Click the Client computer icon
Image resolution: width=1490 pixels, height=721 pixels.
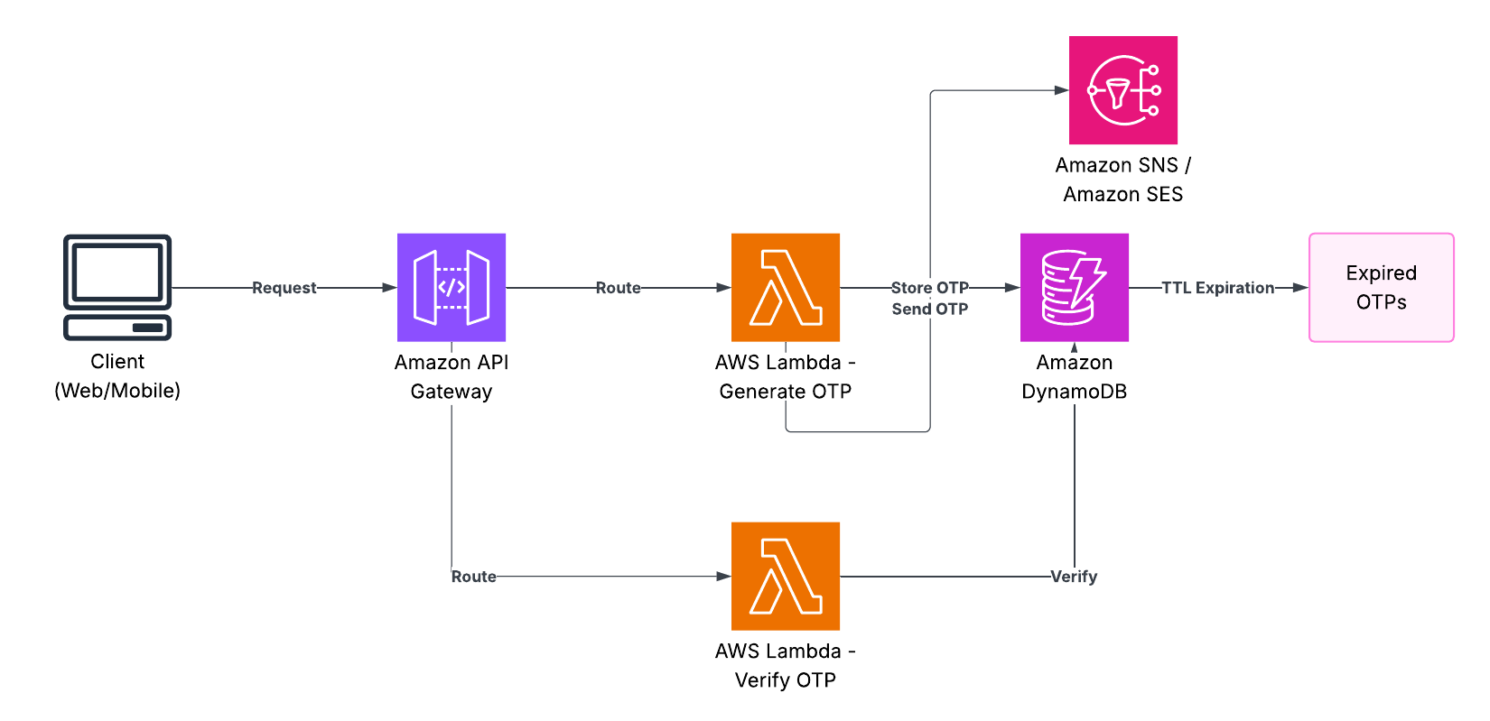[117, 287]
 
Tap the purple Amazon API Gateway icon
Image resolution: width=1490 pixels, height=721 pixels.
[452, 287]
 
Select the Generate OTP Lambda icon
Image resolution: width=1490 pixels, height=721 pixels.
[786, 287]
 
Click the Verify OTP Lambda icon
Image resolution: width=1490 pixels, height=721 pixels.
[786, 576]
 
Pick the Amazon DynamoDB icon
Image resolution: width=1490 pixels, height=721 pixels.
[1075, 287]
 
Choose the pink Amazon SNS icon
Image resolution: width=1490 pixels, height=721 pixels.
[1123, 90]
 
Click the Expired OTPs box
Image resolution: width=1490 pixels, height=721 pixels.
[1382, 287]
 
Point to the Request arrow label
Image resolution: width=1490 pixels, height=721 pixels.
[284, 288]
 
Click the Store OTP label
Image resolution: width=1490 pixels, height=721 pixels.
[929, 288]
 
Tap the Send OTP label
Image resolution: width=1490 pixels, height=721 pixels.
[929, 309]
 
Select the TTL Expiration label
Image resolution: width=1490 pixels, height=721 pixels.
[1217, 288]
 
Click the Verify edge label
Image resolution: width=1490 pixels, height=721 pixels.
[1074, 577]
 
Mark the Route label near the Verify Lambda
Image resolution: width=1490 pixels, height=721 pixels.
[474, 577]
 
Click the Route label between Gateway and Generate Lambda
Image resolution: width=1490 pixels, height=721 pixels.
[619, 288]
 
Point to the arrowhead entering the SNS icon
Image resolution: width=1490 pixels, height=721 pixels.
[1062, 90]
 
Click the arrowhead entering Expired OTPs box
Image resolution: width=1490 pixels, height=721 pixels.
[1301, 288]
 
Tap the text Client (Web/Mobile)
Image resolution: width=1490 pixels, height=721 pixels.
[117, 375]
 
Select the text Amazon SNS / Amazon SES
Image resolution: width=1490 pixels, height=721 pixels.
[1123, 180]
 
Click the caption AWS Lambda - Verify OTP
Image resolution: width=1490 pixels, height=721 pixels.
[786, 665]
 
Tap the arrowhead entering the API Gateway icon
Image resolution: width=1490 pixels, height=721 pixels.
[390, 288]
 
